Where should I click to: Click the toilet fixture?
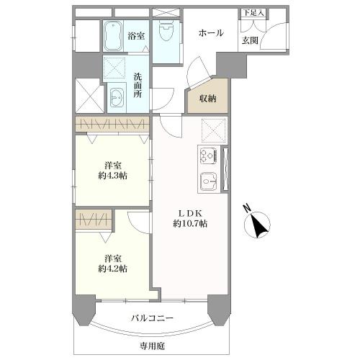click(x=166, y=31)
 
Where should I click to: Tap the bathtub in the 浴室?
click(x=114, y=36)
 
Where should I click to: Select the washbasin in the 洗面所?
click(x=117, y=96)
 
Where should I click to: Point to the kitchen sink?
click(x=208, y=181)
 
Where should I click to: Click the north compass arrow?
click(x=258, y=225)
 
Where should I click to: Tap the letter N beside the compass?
click(x=247, y=208)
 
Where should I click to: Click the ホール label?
click(x=211, y=33)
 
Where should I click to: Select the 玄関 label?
click(x=250, y=40)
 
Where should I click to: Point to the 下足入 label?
click(x=253, y=13)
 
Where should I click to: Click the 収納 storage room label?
click(x=208, y=99)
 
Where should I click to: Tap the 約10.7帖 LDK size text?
click(x=190, y=224)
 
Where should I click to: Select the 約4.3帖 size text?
click(x=112, y=176)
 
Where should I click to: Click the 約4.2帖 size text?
click(x=112, y=269)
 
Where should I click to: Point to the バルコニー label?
click(x=152, y=318)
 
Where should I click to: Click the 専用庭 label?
click(x=153, y=346)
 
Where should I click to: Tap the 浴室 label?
click(x=136, y=36)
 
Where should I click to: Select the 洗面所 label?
click(x=138, y=86)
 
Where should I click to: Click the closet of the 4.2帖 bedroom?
click(x=94, y=219)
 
